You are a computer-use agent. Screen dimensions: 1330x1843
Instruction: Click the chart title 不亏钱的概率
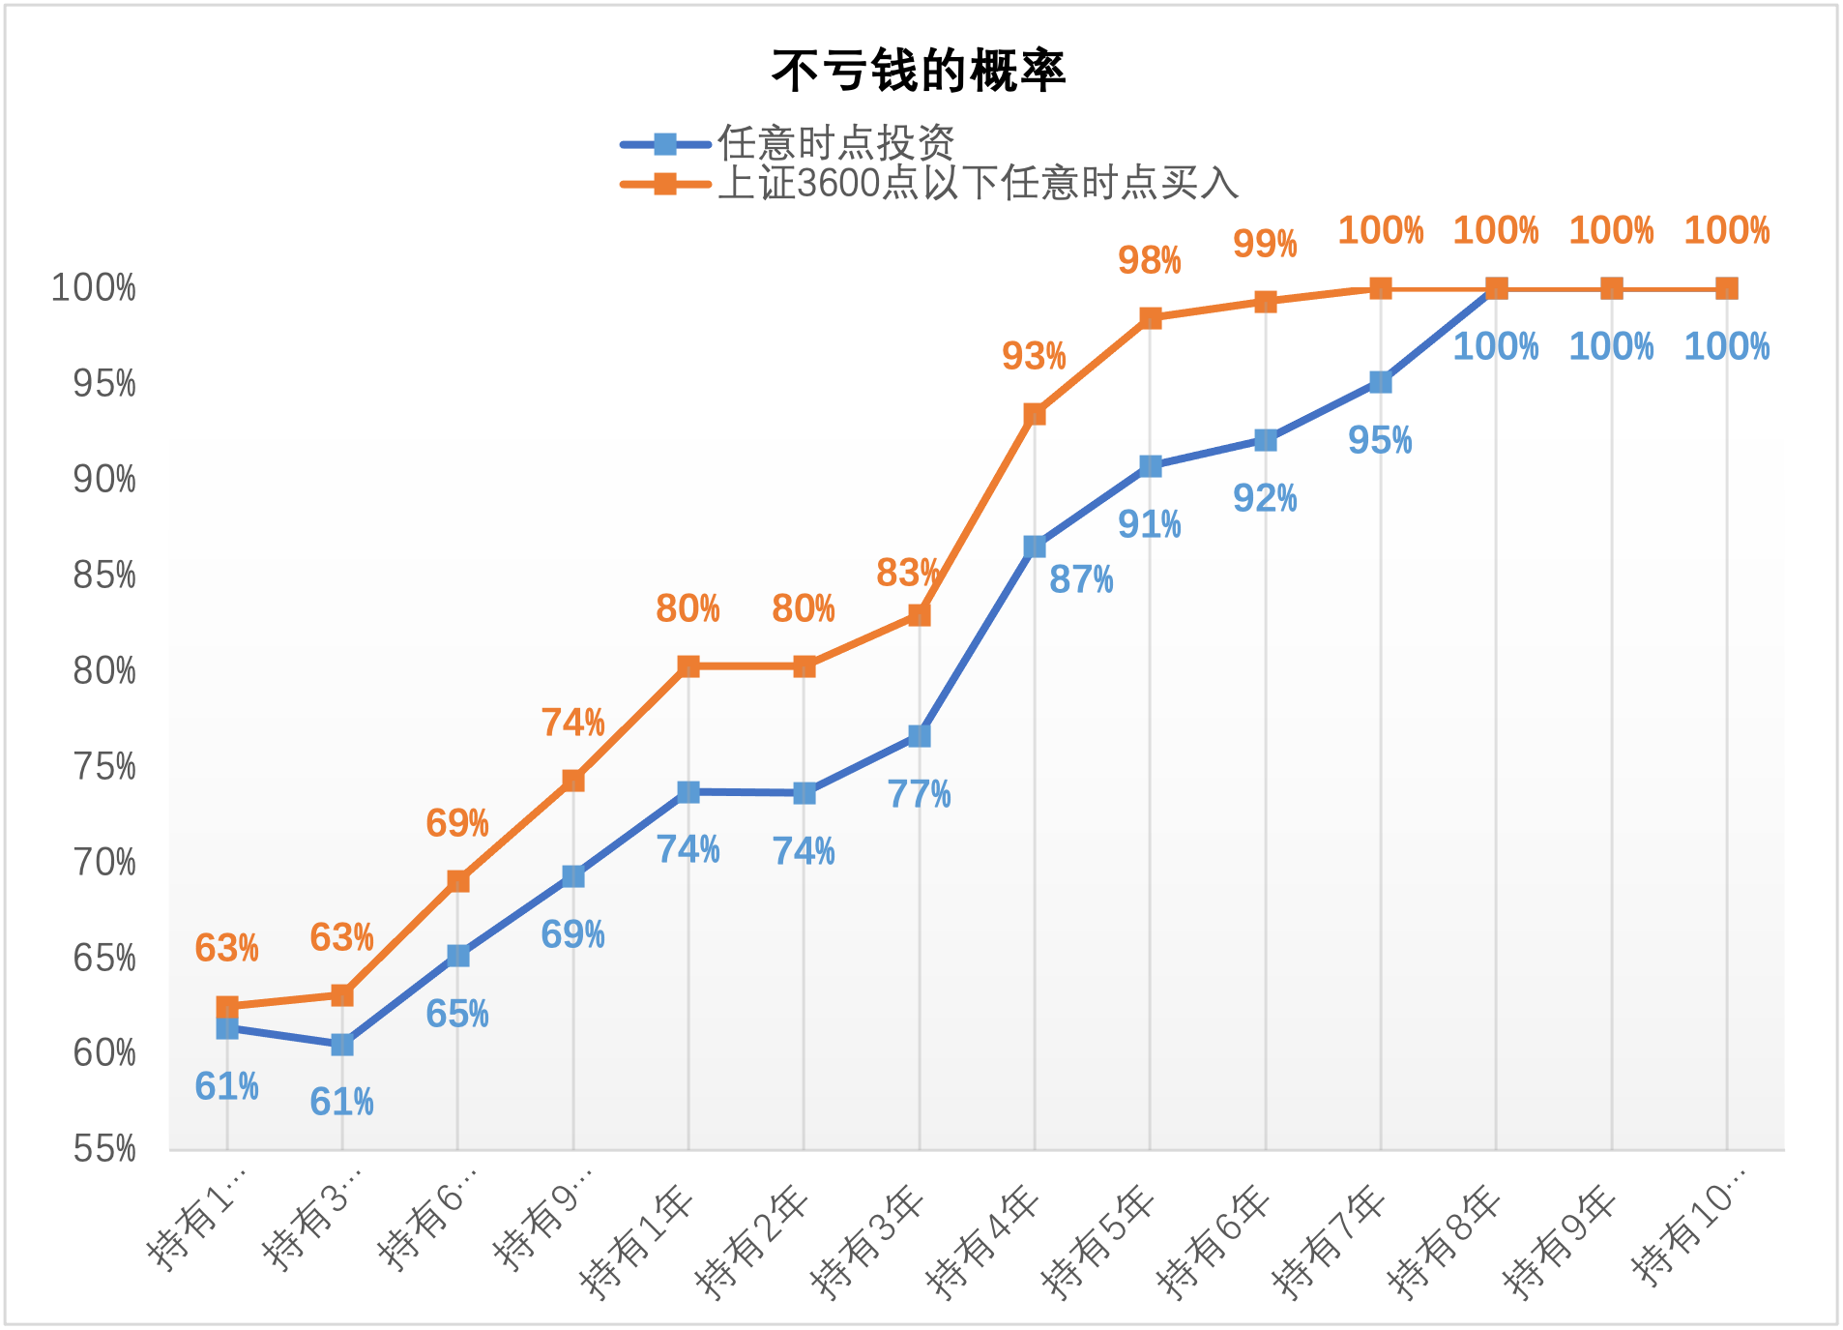[919, 71]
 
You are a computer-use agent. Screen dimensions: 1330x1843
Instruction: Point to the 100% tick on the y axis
[94, 288]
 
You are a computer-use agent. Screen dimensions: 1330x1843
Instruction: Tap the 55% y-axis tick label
[104, 1149]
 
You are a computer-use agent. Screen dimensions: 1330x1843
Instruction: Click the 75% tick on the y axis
[104, 767]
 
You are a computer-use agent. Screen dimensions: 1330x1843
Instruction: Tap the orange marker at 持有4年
[1035, 414]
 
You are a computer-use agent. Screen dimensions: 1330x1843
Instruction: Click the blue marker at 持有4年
[1035, 547]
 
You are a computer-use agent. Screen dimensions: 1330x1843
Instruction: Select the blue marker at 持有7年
[1381, 382]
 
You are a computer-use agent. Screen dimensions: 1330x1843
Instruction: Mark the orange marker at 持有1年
[688, 665]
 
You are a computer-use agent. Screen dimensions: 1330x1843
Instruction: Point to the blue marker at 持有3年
[920, 736]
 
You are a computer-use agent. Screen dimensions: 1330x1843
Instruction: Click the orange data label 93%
[1034, 357]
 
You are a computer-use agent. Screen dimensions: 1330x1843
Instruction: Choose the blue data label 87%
[1081, 580]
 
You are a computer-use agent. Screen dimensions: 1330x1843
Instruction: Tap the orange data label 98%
[1150, 260]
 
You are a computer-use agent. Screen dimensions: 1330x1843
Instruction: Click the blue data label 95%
[1380, 441]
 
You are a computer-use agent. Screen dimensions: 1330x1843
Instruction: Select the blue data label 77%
[920, 795]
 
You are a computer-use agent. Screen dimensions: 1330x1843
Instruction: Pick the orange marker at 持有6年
[1266, 302]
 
